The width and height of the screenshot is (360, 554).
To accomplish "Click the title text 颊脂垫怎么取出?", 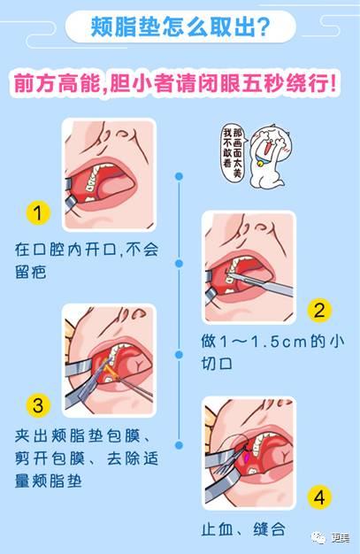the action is point(180,27).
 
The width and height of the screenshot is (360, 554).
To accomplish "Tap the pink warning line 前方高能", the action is point(57,84).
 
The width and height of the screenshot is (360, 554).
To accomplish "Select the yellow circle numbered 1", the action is point(38,212).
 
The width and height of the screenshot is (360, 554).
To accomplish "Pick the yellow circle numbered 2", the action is point(319,311).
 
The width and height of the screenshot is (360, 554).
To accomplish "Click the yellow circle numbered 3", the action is point(38,405).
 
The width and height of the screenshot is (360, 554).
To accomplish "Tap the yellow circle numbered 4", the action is point(319,497).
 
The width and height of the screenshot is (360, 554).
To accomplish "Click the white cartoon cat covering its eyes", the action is point(272,157).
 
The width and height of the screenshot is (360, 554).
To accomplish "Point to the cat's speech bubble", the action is point(234,152).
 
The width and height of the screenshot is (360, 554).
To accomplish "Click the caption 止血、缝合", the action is point(244,529).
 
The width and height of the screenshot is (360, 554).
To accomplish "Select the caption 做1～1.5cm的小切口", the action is point(272,352).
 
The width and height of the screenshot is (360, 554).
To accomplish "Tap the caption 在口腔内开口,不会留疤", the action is point(87,261).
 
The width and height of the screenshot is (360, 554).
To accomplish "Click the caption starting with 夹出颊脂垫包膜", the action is point(87,458).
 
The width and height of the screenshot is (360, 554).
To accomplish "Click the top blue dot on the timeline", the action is point(180,176).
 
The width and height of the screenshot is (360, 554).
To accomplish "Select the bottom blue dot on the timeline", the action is point(180,445).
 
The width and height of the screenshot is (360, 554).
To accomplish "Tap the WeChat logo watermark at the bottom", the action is point(318,538).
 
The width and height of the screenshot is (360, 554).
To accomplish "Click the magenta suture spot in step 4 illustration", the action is point(248,458).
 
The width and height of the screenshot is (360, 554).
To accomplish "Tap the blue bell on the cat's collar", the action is point(261,164).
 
